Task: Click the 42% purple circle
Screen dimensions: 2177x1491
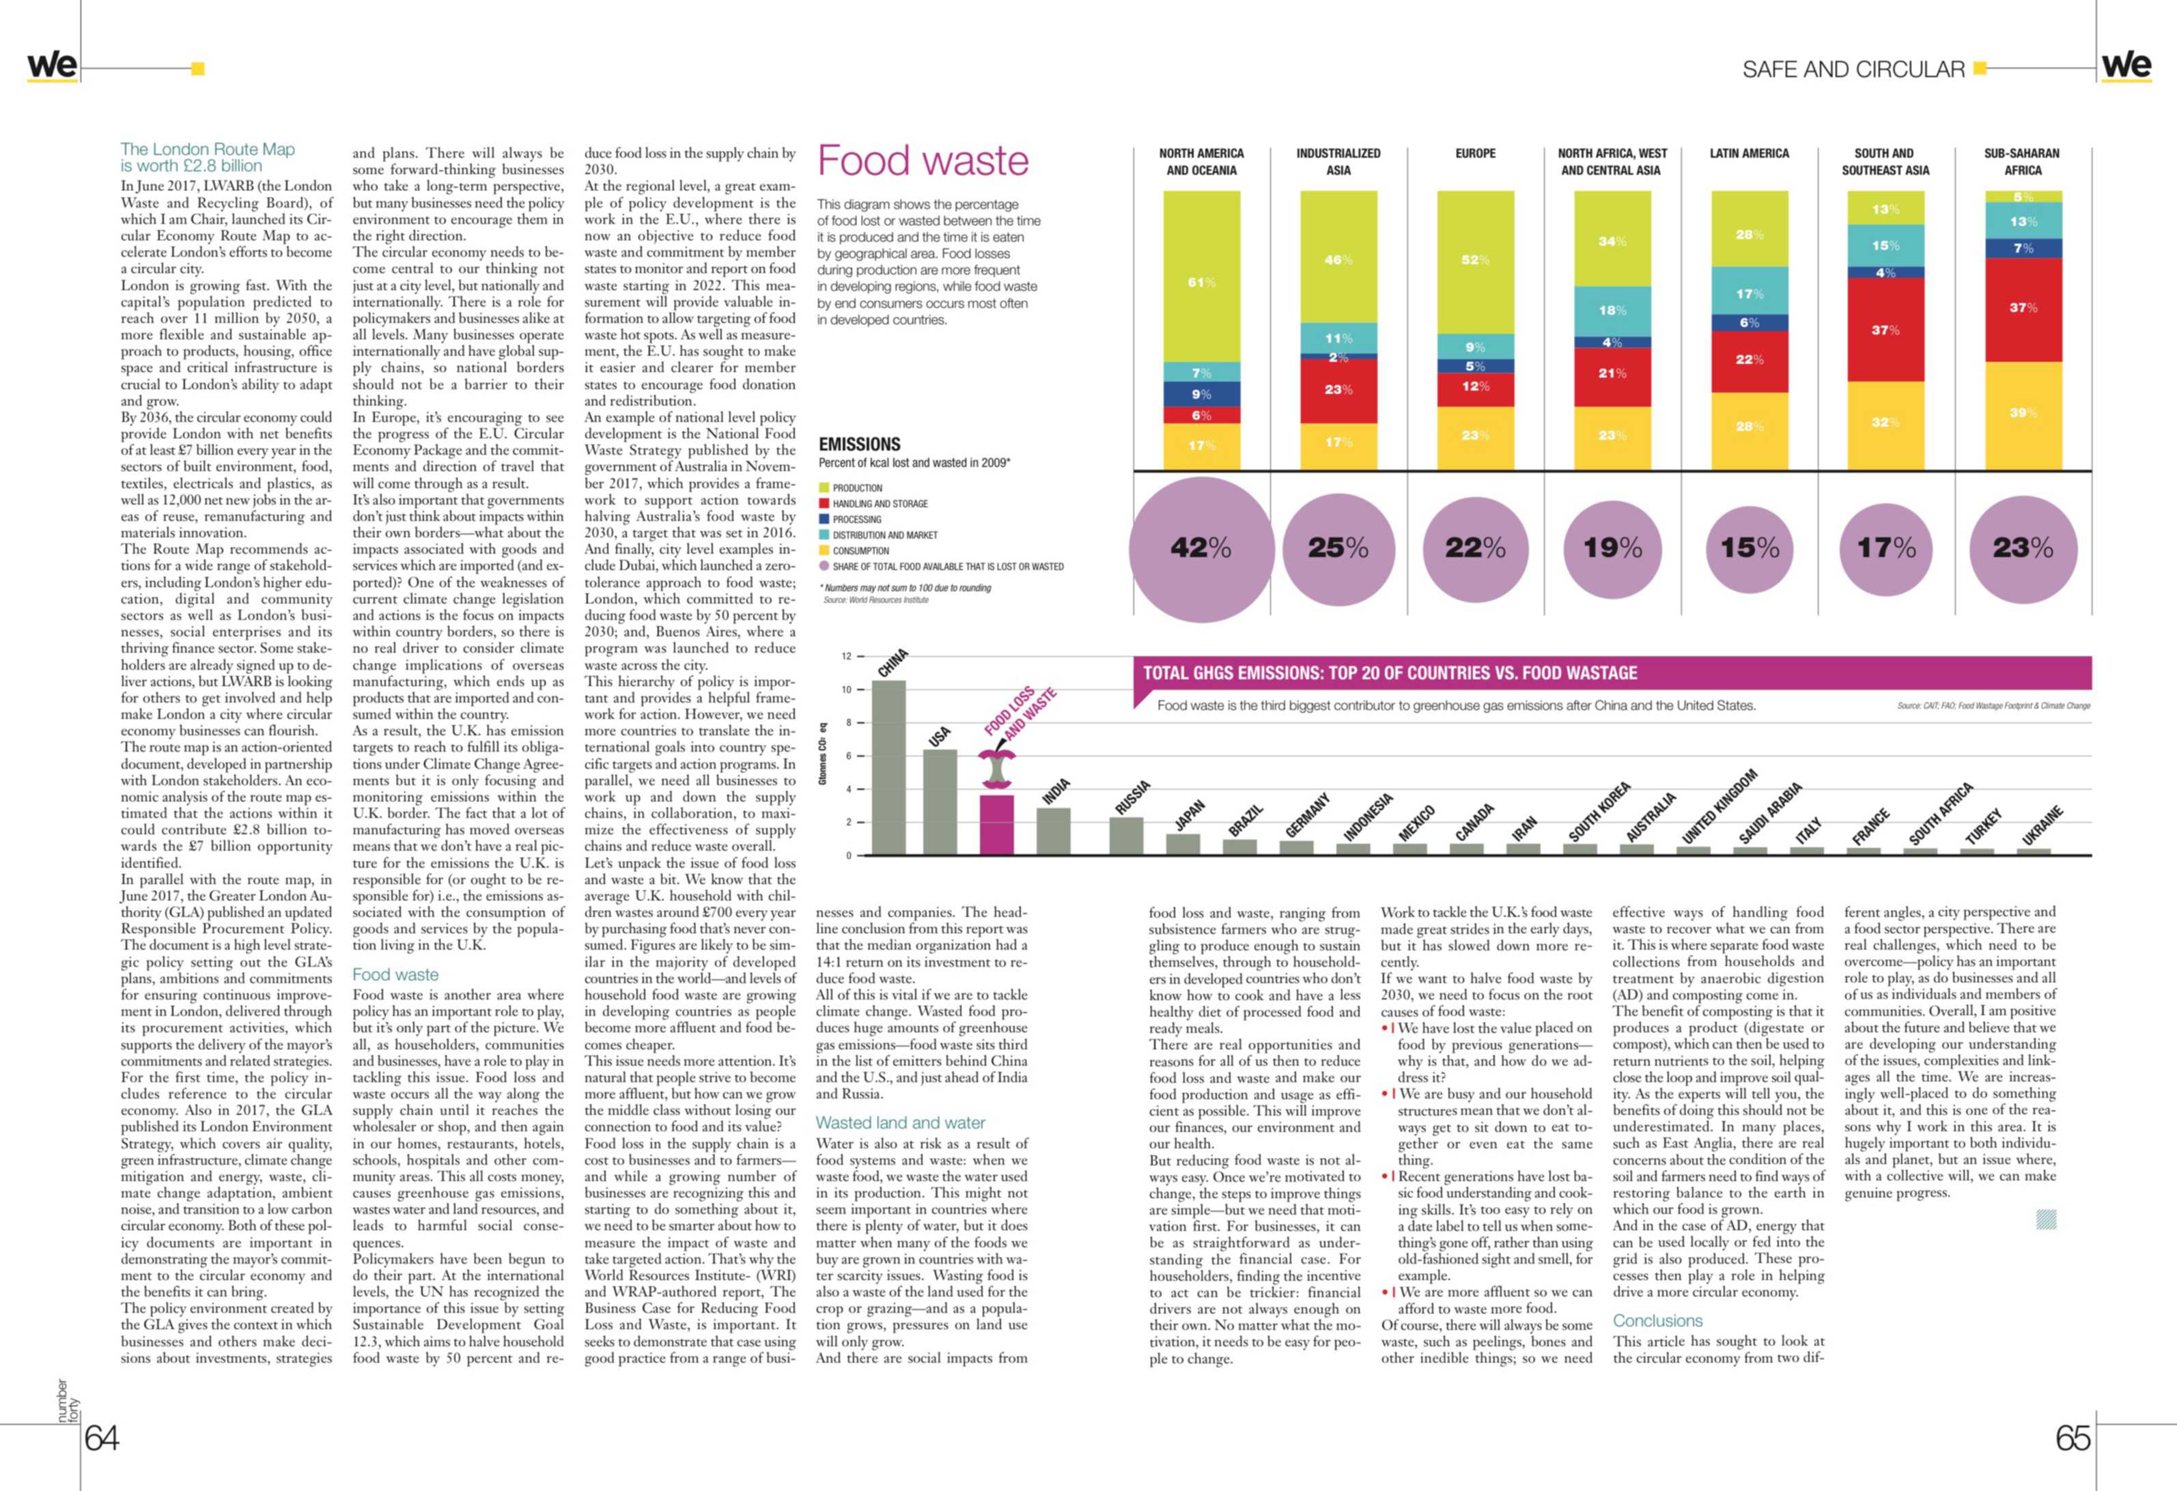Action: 1201,549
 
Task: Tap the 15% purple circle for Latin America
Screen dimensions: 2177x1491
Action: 1749,548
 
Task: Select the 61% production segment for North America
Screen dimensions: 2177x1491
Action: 1201,276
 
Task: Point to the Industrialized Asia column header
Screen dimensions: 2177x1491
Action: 1338,161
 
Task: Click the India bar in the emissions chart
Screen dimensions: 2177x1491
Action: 1054,832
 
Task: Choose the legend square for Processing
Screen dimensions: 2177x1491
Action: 824,519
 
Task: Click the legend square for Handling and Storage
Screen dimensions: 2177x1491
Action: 824,503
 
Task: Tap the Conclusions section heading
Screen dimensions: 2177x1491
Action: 1657,1320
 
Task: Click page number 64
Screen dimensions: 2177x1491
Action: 102,1438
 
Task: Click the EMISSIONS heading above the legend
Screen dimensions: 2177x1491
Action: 859,444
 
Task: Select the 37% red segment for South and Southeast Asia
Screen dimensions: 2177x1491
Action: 1885,330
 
